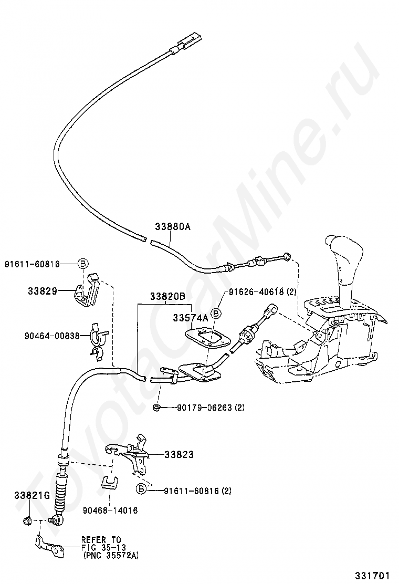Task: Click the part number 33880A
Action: (x=172, y=227)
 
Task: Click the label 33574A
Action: (x=190, y=318)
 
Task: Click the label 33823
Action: (x=178, y=454)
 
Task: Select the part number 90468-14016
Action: (x=110, y=510)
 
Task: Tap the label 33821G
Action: (x=31, y=495)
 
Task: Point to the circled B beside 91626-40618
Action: (x=217, y=313)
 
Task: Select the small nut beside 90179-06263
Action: (x=156, y=408)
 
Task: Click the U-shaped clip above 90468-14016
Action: (x=110, y=482)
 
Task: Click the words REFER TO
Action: (x=100, y=539)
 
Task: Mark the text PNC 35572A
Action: (x=111, y=555)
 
